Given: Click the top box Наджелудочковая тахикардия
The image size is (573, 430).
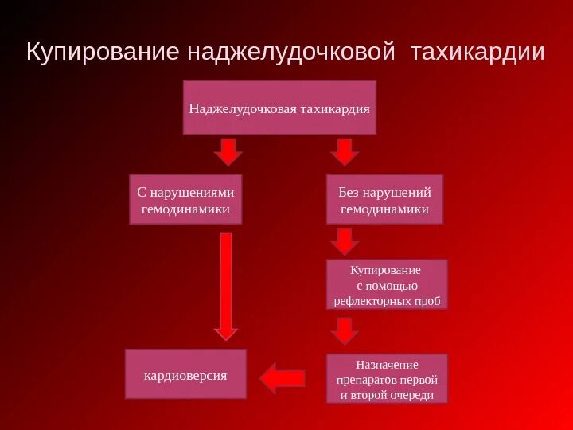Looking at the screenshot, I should coord(279,107).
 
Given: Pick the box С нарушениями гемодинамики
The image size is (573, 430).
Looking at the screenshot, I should coord(185,201).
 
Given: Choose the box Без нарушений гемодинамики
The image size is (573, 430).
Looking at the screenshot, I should coord(384,200).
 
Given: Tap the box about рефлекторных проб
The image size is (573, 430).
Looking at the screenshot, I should coord(387,284).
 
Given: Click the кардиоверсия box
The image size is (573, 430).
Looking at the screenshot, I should coord(186,373).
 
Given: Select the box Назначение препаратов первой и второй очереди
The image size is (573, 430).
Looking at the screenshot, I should coord(387,378).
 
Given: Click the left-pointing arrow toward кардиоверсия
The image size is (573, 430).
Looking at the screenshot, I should coord(283,378).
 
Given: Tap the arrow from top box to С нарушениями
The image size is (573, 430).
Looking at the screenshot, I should coord(228,151).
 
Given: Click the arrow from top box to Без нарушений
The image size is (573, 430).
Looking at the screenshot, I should coord(344,151).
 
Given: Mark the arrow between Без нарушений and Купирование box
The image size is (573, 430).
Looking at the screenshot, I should coord(344,240).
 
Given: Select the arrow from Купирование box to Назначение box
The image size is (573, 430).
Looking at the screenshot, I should coord(344,330).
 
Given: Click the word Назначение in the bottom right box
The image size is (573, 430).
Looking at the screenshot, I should coord(387,364).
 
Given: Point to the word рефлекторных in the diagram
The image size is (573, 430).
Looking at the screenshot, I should coord(372,302).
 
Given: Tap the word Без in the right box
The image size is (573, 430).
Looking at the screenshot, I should coord(349,193).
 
